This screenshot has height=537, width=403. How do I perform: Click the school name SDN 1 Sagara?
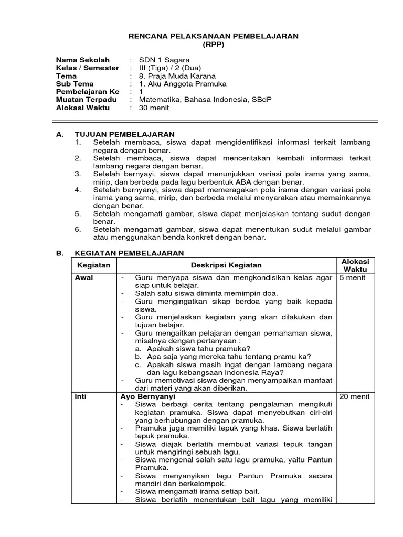(164, 60)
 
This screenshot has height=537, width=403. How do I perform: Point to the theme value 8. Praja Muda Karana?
(177, 76)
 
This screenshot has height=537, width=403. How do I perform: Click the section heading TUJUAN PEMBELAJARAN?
(124, 134)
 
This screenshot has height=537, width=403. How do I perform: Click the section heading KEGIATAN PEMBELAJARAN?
(129, 253)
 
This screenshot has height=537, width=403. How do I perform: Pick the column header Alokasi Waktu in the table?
(355, 265)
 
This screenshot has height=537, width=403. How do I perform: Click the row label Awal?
(84, 277)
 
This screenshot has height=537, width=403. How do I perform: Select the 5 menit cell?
(353, 277)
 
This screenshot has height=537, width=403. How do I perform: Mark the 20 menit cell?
(355, 396)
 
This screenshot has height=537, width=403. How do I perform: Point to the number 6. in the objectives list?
(78, 229)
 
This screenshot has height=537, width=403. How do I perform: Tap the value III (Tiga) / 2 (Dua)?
(169, 68)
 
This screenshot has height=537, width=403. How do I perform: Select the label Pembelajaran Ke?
(88, 92)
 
